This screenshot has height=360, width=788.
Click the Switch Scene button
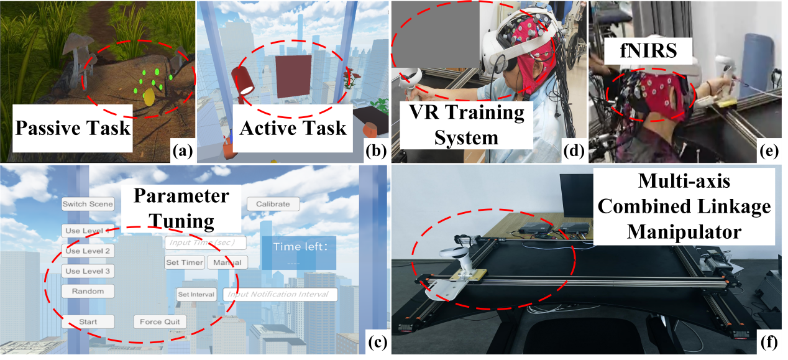[x=88, y=204]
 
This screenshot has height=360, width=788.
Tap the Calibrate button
[x=273, y=203]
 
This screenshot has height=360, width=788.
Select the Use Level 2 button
[x=88, y=251]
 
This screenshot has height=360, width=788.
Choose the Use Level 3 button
[x=88, y=271]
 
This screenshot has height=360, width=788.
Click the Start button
[x=88, y=321]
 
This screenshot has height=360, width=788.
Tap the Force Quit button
[x=160, y=321]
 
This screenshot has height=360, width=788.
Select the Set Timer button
[x=185, y=262]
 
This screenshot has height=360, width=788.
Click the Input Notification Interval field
[x=280, y=294]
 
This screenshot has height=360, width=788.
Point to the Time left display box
[x=298, y=252]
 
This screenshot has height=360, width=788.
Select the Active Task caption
[x=293, y=129]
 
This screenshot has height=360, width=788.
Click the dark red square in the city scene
[x=294, y=76]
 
